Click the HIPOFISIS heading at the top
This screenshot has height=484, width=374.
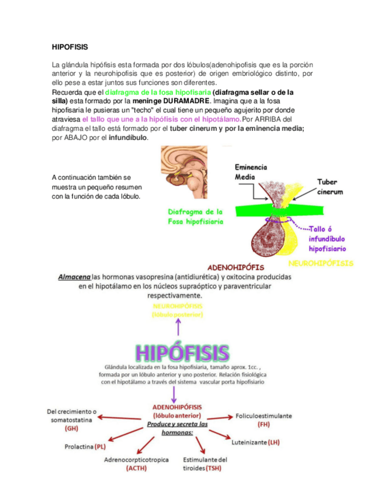[x=70, y=46]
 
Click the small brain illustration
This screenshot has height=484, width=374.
[x=183, y=172]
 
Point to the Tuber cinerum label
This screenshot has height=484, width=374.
[x=331, y=187]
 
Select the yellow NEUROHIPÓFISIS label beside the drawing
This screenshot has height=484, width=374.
[x=320, y=264]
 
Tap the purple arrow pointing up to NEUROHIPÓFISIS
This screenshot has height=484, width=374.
[x=179, y=327]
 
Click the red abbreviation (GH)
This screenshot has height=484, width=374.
[x=71, y=428]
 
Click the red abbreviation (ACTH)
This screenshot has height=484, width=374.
[x=136, y=469]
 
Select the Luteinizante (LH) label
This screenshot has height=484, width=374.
[x=255, y=442]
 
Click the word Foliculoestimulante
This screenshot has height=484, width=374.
[x=263, y=416]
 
